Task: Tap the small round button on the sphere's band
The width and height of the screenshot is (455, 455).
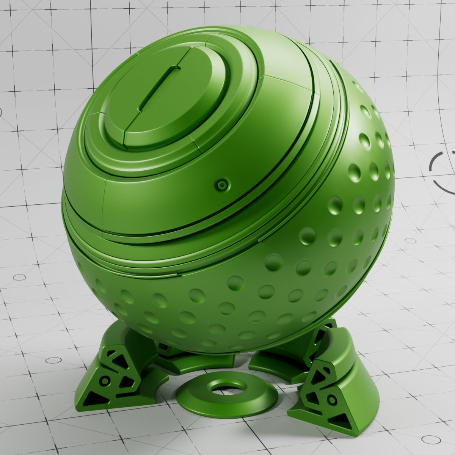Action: click(221, 185)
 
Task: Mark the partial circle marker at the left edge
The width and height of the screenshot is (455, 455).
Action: click(1, 112)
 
